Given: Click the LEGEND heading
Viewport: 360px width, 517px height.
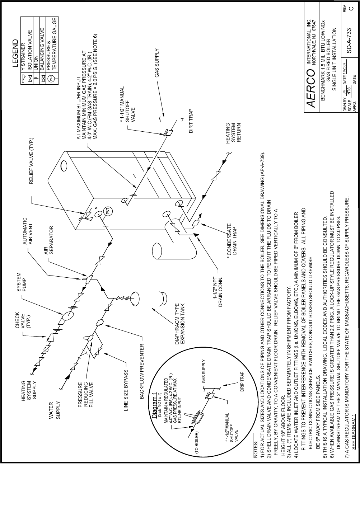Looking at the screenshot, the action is pyautogui.click(x=15, y=53).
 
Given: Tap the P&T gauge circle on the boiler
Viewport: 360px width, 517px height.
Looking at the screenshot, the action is pyautogui.click(x=109, y=211).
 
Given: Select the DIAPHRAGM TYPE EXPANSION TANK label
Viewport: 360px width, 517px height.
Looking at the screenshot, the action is pyautogui.click(x=180, y=324).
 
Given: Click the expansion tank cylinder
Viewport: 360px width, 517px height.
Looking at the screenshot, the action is pyautogui.click(x=149, y=299).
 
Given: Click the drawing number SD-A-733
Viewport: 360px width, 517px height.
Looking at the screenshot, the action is pyautogui.click(x=349, y=41).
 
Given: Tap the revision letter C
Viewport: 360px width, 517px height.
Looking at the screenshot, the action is pyautogui.click(x=351, y=9).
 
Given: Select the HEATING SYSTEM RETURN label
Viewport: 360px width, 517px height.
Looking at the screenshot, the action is pyautogui.click(x=233, y=133).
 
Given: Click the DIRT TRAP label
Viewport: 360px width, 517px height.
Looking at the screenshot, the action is pyautogui.click(x=191, y=121).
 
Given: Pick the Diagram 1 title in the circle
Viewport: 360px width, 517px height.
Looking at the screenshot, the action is pyautogui.click(x=154, y=405).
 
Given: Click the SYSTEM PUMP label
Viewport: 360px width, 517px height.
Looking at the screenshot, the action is pyautogui.click(x=21, y=282).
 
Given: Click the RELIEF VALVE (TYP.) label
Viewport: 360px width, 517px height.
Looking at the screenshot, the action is pyautogui.click(x=31, y=161).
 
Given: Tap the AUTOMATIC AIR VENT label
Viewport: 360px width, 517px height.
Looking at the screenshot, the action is pyautogui.click(x=28, y=231).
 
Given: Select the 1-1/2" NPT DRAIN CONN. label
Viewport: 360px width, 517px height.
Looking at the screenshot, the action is pyautogui.click(x=218, y=291).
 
